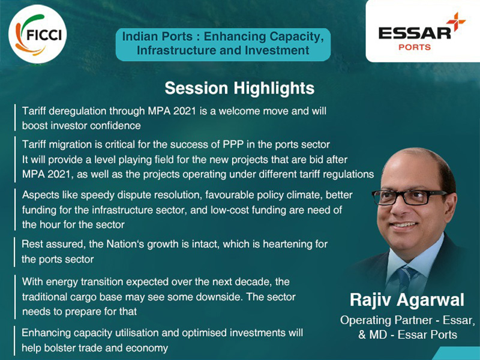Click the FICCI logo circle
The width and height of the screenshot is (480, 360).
tap(37, 34)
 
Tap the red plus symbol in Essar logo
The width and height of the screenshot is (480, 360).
tap(456, 22)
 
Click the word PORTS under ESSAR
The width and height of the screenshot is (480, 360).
tap(415, 47)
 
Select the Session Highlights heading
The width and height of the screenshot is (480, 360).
tap(239, 88)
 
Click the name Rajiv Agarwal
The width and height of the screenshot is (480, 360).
tap(407, 300)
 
